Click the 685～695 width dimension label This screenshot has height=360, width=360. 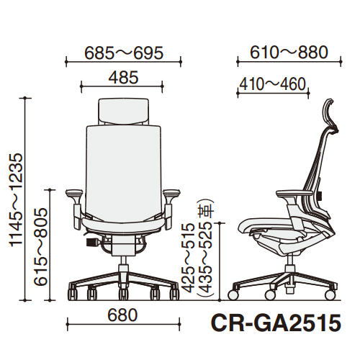point(124,53)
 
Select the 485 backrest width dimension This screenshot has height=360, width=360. point(123,78)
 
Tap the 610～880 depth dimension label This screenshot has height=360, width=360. point(289,53)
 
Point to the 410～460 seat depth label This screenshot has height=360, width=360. point(273,84)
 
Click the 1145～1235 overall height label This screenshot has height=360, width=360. point(17,200)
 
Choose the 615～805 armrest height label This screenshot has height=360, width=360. point(40,247)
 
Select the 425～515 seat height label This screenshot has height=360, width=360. point(187,258)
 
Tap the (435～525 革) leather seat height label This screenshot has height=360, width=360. point(205,247)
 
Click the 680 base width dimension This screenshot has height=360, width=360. point(122,315)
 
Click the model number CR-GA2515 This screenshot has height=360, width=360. point(276,323)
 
